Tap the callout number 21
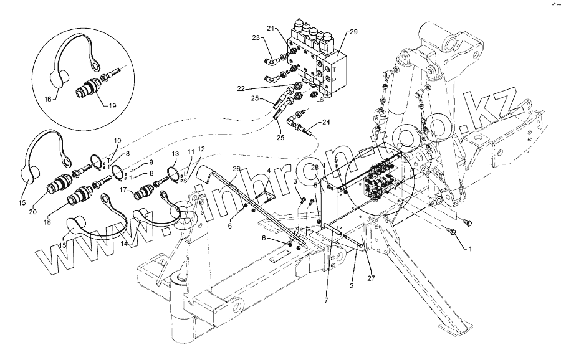click(271, 29)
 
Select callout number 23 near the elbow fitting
click(256, 38)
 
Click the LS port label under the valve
click(319, 99)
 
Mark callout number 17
click(123, 191)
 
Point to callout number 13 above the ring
click(175, 153)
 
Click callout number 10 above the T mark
click(117, 142)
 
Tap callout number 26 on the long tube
click(237, 169)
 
